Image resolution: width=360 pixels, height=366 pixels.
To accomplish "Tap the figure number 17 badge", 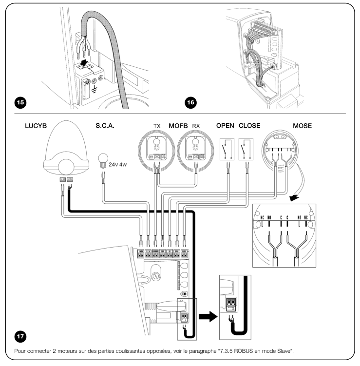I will coord(21,336).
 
